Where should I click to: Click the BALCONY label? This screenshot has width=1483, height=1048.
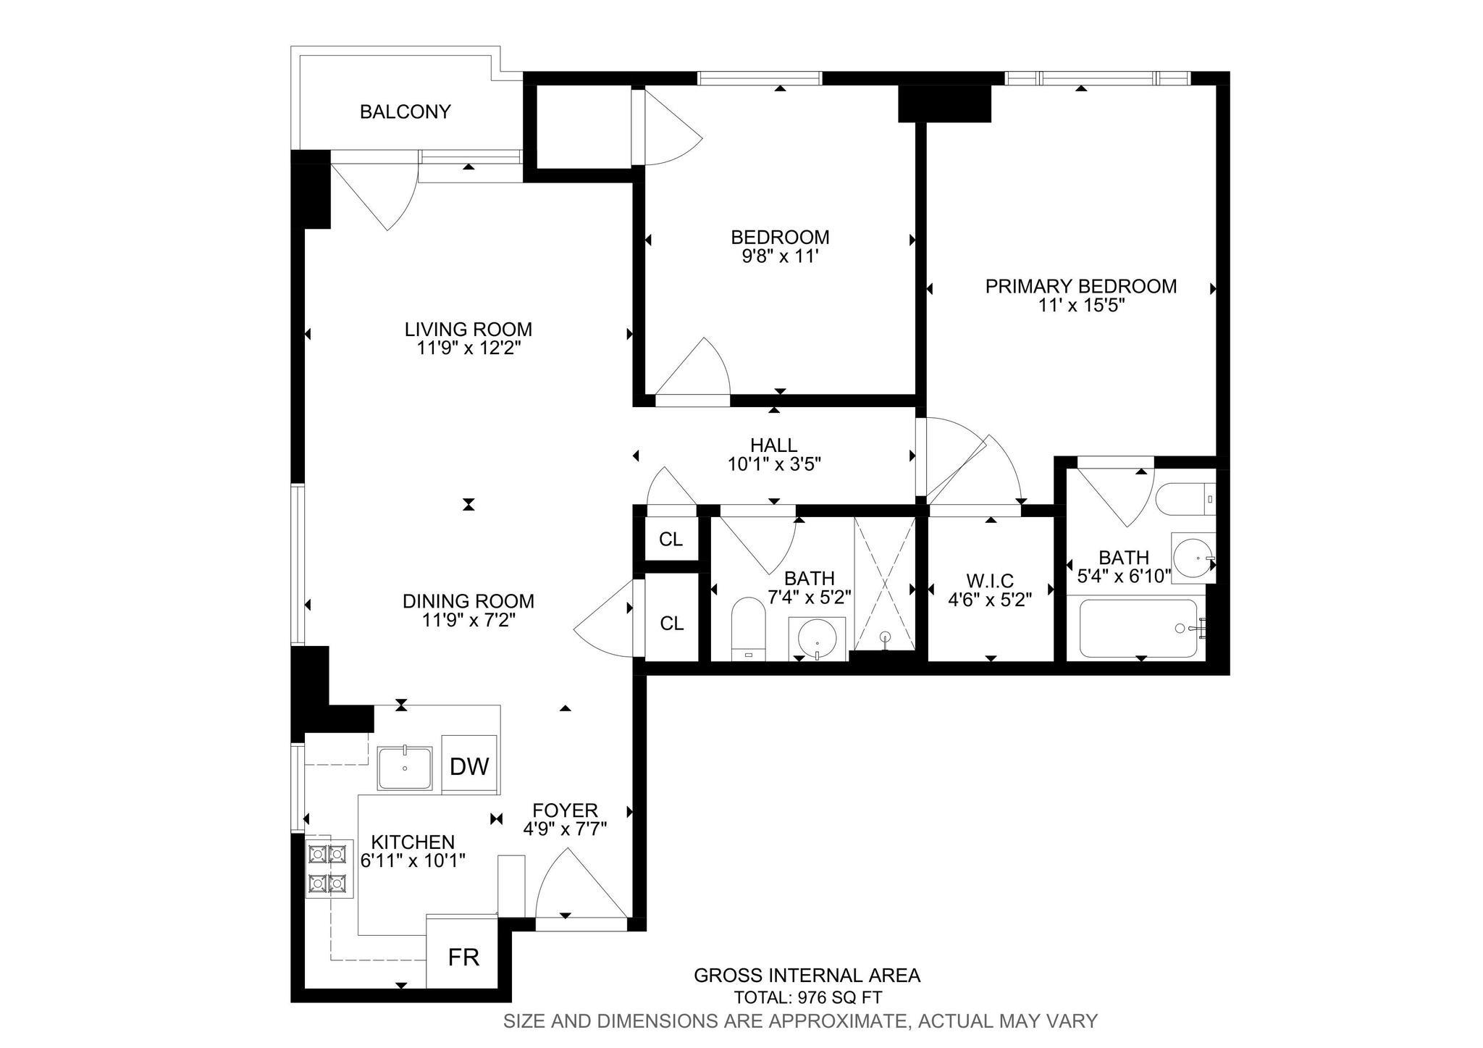point(405,112)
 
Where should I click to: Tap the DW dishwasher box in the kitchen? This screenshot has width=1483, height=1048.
point(469,766)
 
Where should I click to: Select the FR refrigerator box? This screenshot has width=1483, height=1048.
point(463,957)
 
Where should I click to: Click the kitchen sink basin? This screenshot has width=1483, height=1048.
point(405,768)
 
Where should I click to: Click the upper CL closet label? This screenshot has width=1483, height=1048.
point(671,539)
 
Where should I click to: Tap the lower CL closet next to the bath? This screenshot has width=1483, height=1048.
point(671,623)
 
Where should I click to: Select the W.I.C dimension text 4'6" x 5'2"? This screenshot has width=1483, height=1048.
point(990,599)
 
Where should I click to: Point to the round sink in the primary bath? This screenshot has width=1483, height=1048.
point(1193,558)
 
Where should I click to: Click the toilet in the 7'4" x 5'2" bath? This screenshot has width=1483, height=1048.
point(748,625)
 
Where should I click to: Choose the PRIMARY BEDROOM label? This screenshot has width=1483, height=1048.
point(1080,286)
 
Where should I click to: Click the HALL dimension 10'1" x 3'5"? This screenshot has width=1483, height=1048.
point(774,464)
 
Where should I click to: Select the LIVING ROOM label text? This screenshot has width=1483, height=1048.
point(468,330)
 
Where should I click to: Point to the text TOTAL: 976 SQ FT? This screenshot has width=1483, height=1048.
point(807,997)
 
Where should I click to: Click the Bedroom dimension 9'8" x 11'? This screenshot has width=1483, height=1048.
point(779,256)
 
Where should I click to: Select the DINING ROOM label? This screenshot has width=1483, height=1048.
point(468,601)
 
